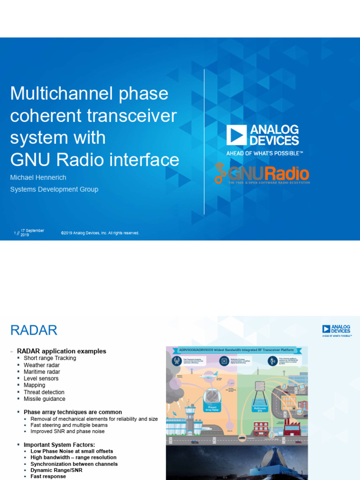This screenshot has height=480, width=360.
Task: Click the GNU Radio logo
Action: [262, 174]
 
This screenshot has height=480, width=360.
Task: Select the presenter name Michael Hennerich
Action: [38, 178]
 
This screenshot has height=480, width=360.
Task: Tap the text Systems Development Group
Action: [54, 189]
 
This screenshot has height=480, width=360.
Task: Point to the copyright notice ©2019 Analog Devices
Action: [100, 233]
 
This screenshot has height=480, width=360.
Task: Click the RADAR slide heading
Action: [34, 330]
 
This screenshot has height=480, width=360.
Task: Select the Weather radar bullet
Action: [41, 365]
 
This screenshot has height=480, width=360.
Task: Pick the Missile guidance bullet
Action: [45, 399]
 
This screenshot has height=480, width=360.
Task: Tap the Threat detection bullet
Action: [44, 392]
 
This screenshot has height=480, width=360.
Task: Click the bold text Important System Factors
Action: [59, 444]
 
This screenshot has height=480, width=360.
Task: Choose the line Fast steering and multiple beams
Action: [69, 425]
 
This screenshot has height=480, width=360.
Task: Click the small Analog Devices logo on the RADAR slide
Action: [336, 330]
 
